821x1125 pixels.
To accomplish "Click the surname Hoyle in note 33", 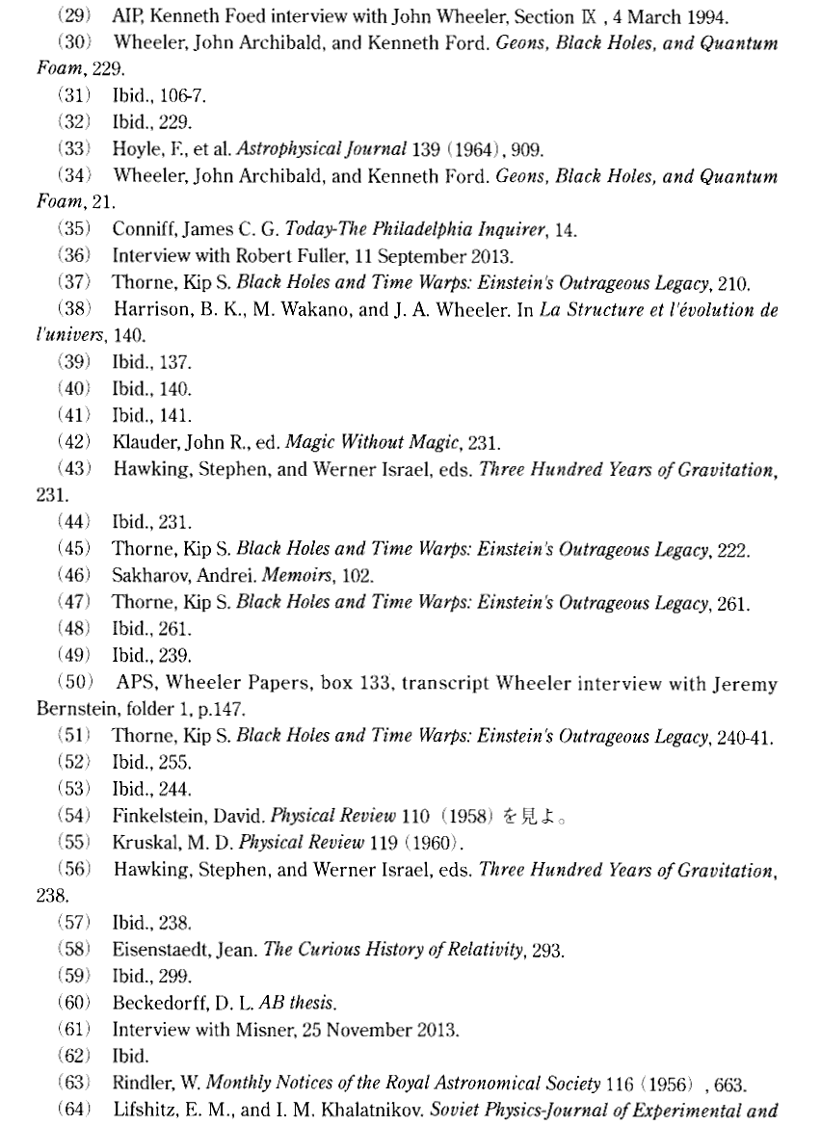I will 134,149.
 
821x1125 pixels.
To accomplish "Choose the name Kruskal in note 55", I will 142,817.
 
